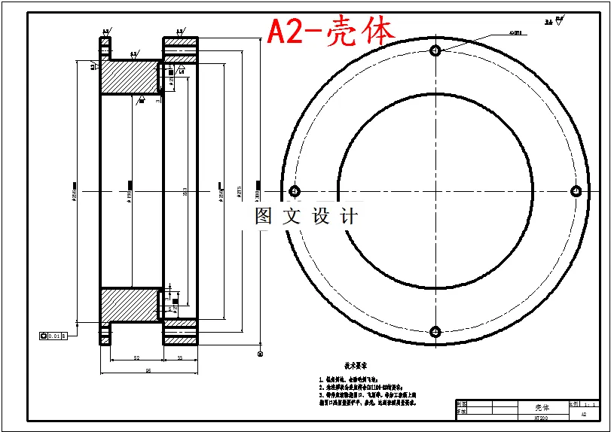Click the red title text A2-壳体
(x=331, y=32)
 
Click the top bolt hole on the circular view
(x=435, y=50)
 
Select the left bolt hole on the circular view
(x=294, y=190)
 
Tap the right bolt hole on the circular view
(x=576, y=190)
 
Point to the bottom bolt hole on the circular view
(x=435, y=331)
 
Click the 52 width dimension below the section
(x=136, y=358)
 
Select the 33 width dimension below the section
(x=180, y=358)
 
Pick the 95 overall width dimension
(x=148, y=370)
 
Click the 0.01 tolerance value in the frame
(x=53, y=336)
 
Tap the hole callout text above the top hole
(x=515, y=33)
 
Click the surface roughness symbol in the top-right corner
(x=558, y=21)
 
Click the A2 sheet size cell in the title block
(x=583, y=414)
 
